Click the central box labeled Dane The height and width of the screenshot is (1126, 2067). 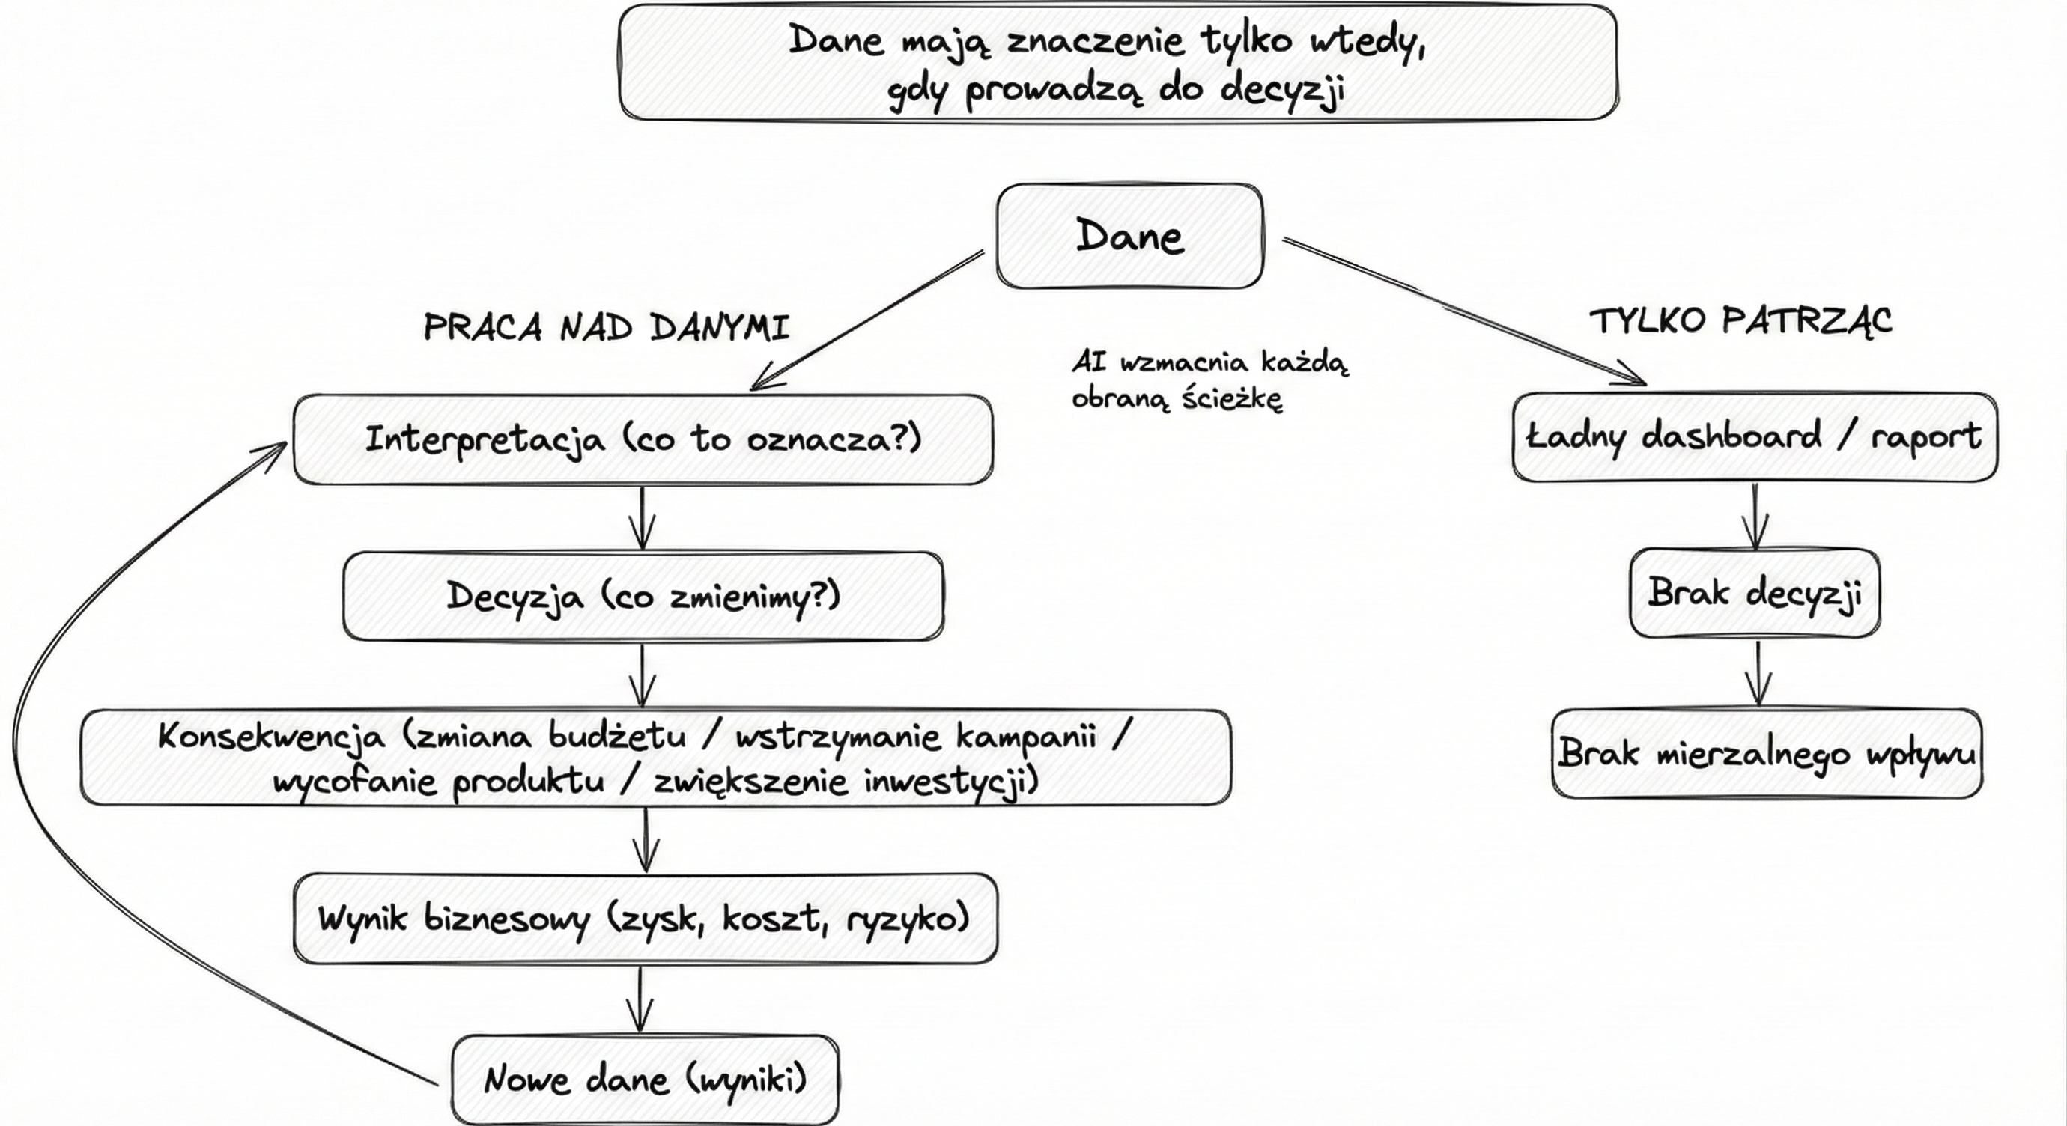pos(1129,236)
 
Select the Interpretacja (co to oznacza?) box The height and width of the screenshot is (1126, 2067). pos(643,439)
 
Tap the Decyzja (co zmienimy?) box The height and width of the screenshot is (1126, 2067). pos(643,596)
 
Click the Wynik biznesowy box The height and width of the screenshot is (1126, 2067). pos(644,919)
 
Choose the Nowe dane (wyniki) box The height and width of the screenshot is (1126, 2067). pos(644,1080)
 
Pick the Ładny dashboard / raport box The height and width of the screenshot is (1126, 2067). pos(1754,437)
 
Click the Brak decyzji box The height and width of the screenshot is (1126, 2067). pos(1754,594)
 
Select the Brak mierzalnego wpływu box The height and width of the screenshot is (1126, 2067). pos(1766,754)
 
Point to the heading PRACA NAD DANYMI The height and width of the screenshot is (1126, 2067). pos(607,328)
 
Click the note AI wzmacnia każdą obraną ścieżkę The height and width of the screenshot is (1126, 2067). pos(1210,380)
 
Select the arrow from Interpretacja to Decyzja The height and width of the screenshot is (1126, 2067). pos(642,517)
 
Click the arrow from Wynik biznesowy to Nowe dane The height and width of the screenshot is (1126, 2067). pos(640,999)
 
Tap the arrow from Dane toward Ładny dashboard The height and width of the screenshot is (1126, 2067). pos(1460,309)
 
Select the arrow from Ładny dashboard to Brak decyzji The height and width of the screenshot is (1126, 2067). pos(1755,515)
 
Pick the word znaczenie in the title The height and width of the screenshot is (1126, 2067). pos(1095,40)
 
